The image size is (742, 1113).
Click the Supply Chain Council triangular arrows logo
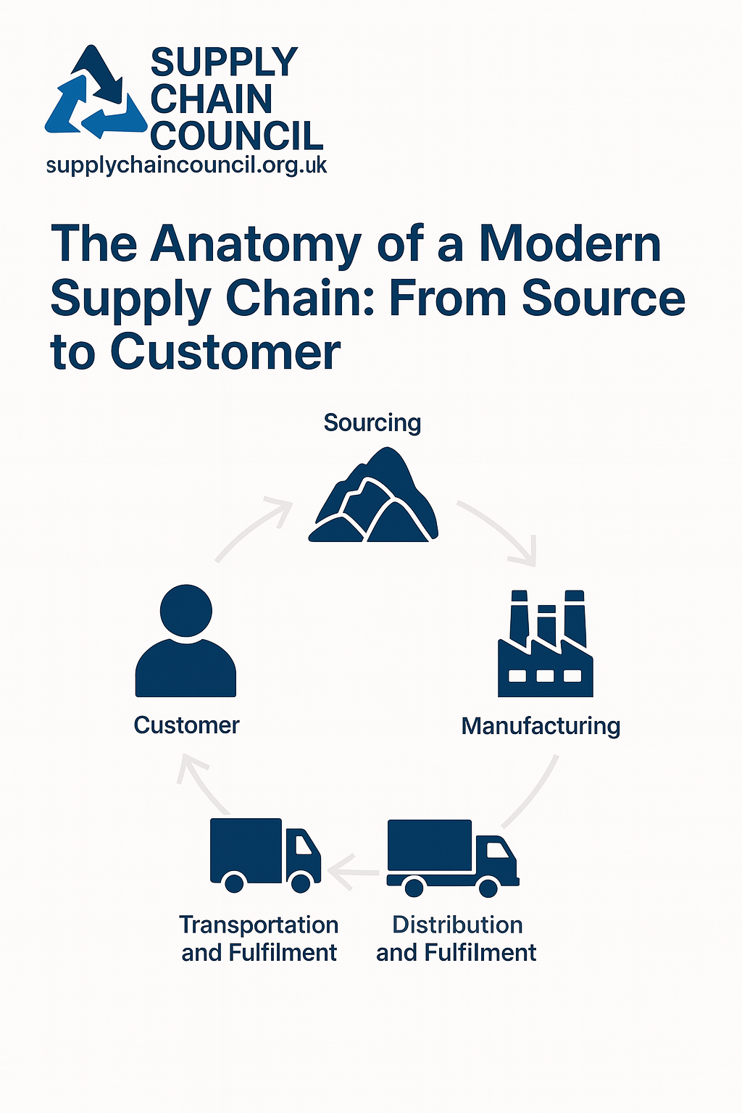click(96, 94)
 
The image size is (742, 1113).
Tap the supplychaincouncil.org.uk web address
click(186, 165)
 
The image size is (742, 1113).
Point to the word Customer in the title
click(225, 353)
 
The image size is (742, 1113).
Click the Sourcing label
click(372, 422)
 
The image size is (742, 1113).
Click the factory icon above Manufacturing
click(546, 644)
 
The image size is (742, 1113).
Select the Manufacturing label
click(541, 725)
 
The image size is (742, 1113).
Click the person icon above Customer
click(186, 641)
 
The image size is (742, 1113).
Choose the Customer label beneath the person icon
click(186, 725)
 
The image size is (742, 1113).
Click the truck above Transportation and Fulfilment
click(264, 854)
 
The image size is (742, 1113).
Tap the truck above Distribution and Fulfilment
click(452, 857)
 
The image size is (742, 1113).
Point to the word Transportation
click(259, 925)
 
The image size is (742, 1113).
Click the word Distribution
click(457, 925)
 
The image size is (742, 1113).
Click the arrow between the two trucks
click(354, 867)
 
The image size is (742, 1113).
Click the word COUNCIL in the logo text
click(236, 136)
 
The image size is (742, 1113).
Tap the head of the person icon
click(186, 610)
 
